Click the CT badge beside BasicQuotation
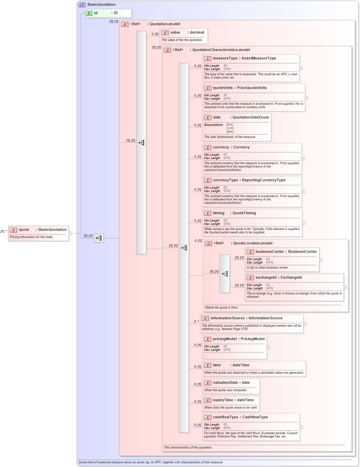tap(82, 5)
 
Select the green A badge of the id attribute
tap(89, 13)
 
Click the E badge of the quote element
tap(13, 230)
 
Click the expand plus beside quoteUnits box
tap(307, 98)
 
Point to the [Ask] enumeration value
tap(230, 128)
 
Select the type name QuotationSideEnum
tap(251, 118)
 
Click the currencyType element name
tap(225, 180)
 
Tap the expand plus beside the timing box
tap(304, 223)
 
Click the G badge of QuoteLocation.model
tap(208, 243)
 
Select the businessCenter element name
tap(270, 252)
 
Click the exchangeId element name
tap(266, 278)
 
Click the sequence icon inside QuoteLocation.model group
tap(225, 274)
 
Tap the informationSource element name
tap(227, 318)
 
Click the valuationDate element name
tap(225, 383)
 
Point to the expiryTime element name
tap(223, 400)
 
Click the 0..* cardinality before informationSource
tap(197, 322)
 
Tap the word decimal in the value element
tap(197, 33)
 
